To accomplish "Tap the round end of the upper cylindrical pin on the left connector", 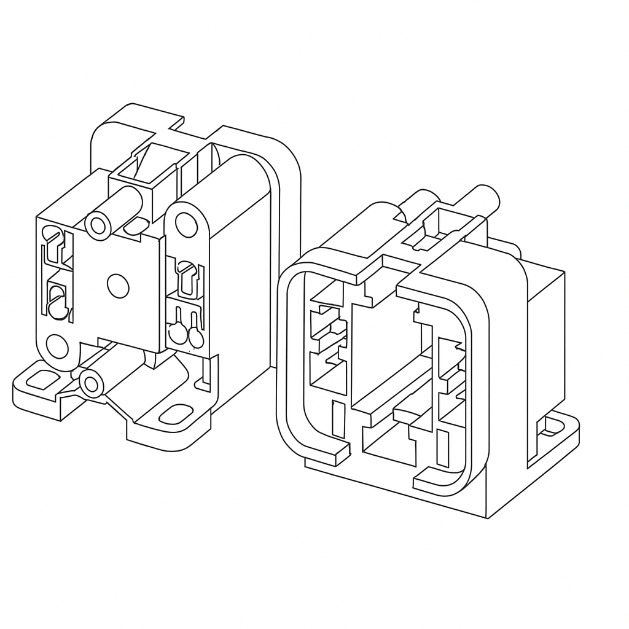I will (x=98, y=225).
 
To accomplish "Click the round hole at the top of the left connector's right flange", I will (x=186, y=225).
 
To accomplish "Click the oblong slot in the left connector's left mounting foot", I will (x=40, y=380).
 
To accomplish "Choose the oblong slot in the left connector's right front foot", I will (x=176, y=413).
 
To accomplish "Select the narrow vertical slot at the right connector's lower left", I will (x=337, y=419).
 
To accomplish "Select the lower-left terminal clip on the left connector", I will (x=57, y=302).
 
